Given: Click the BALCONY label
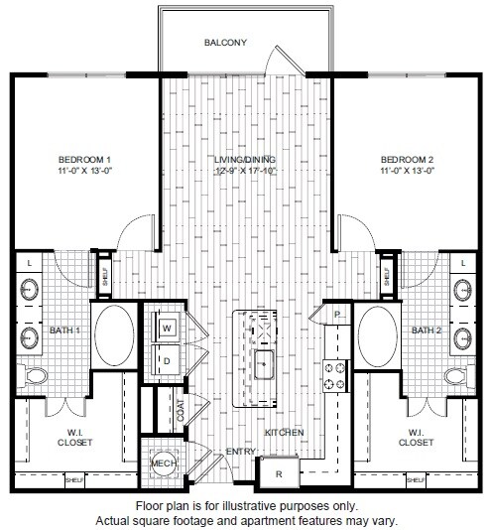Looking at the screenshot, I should [224, 43].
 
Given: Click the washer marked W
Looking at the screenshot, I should [166, 327].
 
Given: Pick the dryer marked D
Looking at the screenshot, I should [166, 359].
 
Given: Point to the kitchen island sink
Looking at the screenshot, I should [264, 364].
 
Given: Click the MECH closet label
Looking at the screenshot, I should [162, 463].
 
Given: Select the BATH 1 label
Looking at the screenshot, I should [64, 330].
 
